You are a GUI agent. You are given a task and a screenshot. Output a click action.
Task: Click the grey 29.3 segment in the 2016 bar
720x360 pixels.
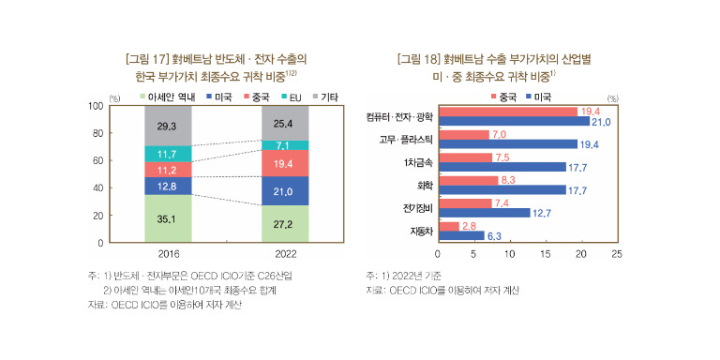tap(168, 127)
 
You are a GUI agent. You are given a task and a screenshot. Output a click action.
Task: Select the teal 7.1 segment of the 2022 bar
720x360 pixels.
tap(285, 145)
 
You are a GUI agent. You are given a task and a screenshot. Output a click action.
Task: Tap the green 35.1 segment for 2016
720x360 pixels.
tap(168, 218)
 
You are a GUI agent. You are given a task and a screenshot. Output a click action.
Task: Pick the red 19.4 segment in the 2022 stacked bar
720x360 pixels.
tap(285, 163)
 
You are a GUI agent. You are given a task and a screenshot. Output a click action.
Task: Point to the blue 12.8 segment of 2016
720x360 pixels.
tap(168, 186)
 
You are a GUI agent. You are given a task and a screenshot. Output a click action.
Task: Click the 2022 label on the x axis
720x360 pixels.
tap(285, 254)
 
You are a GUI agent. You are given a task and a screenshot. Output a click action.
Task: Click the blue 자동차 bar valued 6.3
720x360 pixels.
tap(461, 235)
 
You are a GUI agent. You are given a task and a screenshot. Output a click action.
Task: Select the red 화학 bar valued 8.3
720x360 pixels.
tap(469, 181)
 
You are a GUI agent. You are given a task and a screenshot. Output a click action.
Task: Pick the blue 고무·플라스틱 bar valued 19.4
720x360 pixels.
tap(508, 144)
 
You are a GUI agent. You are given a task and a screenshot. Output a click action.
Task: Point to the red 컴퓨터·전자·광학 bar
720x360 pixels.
tap(508, 112)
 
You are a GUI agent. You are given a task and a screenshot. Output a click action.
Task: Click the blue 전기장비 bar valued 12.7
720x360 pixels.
tap(485, 213)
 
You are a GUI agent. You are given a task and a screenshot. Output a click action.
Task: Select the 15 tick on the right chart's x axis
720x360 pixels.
tap(545, 254)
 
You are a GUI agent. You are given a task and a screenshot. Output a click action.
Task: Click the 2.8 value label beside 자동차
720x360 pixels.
tap(468, 226)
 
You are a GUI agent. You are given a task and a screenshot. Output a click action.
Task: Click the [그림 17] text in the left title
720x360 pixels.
tap(147, 59)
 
